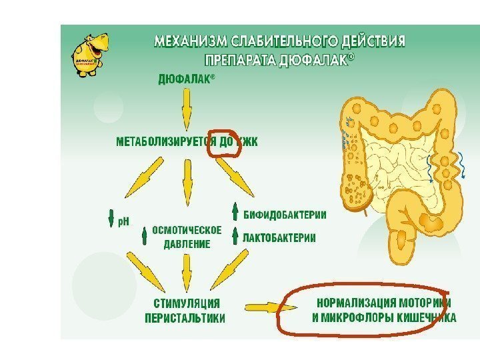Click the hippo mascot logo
point(89,54)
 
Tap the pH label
point(123,219)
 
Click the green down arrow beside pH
point(111,219)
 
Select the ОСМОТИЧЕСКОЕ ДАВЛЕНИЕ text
point(187,237)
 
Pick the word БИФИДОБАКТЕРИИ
point(285,215)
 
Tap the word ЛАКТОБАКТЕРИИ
point(279,237)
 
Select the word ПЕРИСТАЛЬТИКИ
point(185,319)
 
